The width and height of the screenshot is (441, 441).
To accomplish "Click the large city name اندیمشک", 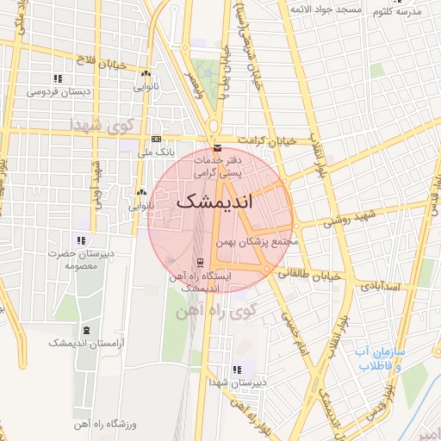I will point(221,203).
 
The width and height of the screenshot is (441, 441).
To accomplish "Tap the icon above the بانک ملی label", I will point(156,139).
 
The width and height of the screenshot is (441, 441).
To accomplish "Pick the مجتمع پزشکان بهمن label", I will point(258,242).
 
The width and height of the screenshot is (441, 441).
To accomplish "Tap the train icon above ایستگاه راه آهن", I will point(200,262).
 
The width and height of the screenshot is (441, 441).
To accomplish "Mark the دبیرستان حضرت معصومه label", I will point(79,259).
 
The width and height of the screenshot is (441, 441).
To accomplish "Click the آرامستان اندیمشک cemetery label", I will point(85,344).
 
